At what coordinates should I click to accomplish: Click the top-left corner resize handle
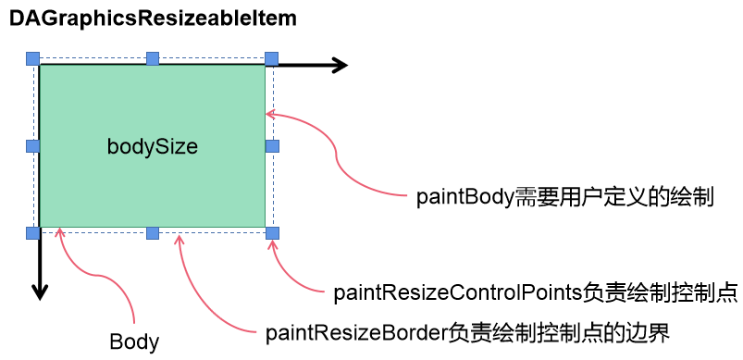pyautogui.click(x=33, y=59)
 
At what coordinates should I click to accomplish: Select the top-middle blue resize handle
pyautogui.click(x=153, y=59)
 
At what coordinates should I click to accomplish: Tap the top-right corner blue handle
pyautogui.click(x=271, y=59)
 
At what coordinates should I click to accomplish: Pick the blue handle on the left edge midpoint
pyautogui.click(x=33, y=146)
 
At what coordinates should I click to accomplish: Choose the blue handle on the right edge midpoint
pyautogui.click(x=272, y=146)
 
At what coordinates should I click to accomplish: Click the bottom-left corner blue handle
pyautogui.click(x=33, y=232)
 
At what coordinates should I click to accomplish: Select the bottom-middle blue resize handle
pyautogui.click(x=153, y=232)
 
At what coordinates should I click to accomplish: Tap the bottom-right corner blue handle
pyautogui.click(x=272, y=232)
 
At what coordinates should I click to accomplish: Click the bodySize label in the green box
pyautogui.click(x=153, y=147)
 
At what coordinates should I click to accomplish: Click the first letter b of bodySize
pyautogui.click(x=112, y=146)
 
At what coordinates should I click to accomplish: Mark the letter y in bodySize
pyautogui.click(x=146, y=149)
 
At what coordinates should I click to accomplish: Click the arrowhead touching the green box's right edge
pyautogui.click(x=267, y=114)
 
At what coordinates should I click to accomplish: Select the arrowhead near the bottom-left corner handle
pyautogui.click(x=60, y=230)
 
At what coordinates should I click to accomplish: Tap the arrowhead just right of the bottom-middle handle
pyautogui.click(x=179, y=237)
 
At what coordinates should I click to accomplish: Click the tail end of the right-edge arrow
pyautogui.click(x=407, y=196)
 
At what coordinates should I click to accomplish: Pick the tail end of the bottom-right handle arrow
pyautogui.click(x=324, y=292)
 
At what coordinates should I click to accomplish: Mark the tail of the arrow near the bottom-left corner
pyautogui.click(x=135, y=323)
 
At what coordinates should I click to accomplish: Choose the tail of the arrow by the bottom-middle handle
pyautogui.click(x=255, y=331)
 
